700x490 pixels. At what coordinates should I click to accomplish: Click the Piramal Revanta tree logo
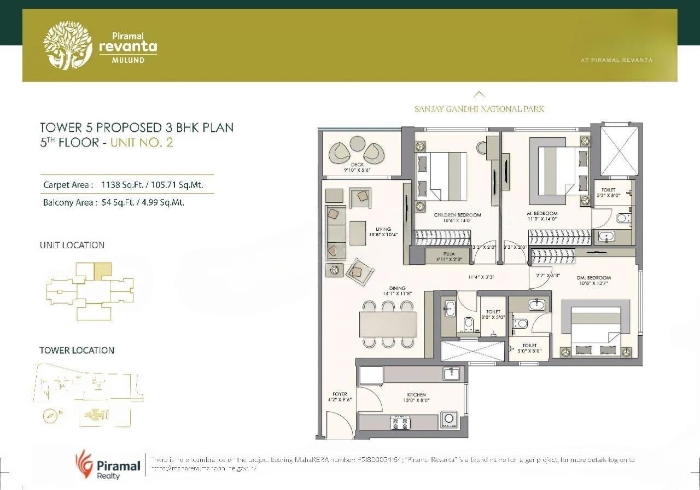click(x=68, y=46)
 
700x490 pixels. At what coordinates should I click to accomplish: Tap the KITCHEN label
click(x=416, y=394)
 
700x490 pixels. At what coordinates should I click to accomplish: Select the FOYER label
click(x=340, y=394)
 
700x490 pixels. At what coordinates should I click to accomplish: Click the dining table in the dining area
click(x=388, y=324)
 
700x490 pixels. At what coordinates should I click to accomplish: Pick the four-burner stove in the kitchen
click(x=399, y=422)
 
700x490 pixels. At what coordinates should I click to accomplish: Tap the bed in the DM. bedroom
click(x=596, y=328)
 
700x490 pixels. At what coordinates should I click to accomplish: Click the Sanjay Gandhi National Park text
click(x=479, y=109)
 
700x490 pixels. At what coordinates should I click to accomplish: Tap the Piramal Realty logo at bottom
click(x=108, y=465)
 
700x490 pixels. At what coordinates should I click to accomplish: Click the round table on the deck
click(x=357, y=144)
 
